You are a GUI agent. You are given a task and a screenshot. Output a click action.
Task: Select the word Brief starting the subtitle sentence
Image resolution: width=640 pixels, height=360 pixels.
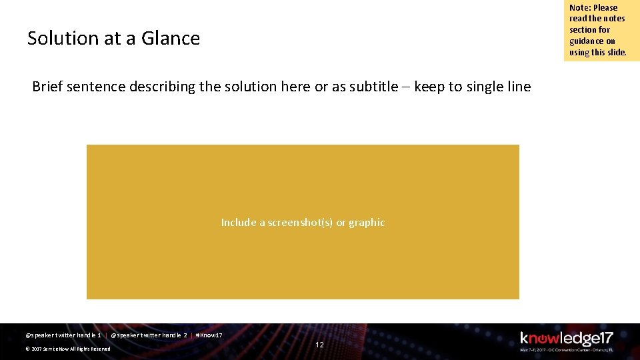coord(47,87)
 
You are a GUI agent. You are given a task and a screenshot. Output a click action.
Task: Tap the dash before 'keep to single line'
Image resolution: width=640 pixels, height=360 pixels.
coord(407,87)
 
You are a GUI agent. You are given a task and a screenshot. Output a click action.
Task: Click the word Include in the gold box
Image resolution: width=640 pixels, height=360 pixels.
coord(239,223)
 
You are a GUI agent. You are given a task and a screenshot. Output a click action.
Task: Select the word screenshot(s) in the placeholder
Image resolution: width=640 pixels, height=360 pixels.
coord(299,223)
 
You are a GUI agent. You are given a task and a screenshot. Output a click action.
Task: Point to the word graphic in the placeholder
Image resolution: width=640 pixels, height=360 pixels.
coord(367,223)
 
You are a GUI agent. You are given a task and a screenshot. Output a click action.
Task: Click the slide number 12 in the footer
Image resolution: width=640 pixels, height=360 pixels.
coord(319,345)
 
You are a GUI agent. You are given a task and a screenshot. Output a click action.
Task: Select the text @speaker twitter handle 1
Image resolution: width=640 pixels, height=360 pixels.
coord(63,335)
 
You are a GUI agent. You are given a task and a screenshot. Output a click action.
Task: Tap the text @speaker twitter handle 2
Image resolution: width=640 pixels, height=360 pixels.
coord(149,335)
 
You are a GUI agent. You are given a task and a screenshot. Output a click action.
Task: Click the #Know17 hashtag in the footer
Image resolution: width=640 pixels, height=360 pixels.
coord(209,335)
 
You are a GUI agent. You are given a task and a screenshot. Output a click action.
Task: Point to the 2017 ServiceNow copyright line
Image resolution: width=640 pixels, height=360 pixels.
coord(67,349)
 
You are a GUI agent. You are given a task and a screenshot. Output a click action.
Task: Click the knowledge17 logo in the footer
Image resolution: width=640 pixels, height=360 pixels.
coord(566,338)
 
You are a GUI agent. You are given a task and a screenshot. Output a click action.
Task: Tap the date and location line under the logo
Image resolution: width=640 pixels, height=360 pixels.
coord(566,349)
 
